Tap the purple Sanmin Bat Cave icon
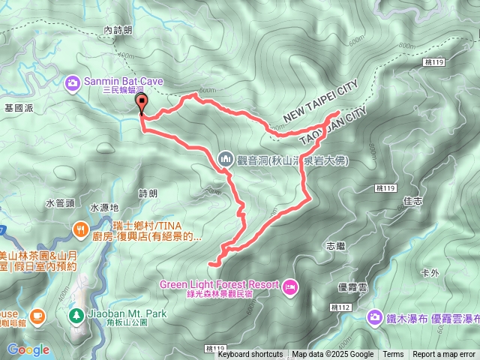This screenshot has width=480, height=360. [x=73, y=82]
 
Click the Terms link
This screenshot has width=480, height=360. [x=393, y=355]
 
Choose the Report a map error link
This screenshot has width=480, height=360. [x=444, y=355]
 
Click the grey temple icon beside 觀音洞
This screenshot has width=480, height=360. [x=226, y=158]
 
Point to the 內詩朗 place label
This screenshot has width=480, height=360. [x=118, y=30]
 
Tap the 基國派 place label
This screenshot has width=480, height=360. [x=19, y=108]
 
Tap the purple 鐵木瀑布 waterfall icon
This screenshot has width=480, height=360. [x=373, y=317]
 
